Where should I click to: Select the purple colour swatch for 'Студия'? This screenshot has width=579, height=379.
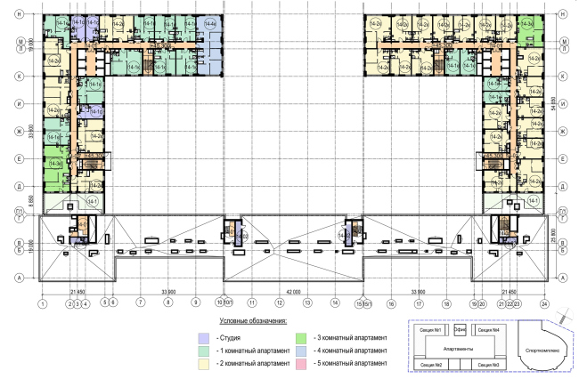[203, 338]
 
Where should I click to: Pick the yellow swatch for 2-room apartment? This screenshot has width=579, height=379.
[203, 364]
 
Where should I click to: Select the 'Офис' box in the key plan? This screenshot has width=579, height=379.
[461, 330]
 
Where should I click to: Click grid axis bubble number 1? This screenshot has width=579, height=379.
[41, 303]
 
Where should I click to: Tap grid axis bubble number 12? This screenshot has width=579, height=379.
[280, 303]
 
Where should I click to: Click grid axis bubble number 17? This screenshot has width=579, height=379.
[417, 303]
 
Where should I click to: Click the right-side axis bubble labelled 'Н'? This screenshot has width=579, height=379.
[563, 14]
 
